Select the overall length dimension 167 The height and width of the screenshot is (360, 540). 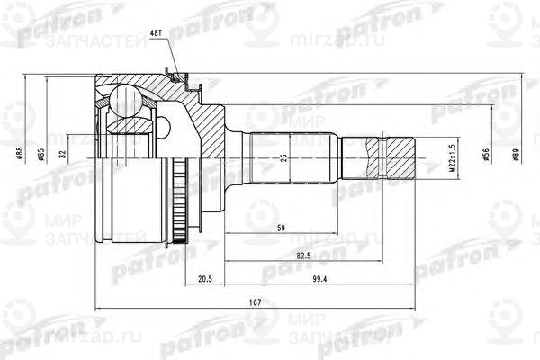coord(256,303)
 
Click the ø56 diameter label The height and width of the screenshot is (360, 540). coord(486,155)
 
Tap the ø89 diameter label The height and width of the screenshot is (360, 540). coord(516,155)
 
